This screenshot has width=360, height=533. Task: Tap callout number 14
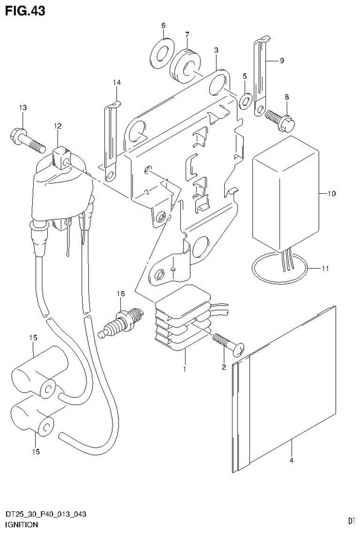116,83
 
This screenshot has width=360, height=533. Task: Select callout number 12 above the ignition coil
57,126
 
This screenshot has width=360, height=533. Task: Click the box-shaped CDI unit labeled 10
284,193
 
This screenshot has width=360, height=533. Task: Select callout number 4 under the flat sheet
291,460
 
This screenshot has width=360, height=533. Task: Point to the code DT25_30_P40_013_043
45,515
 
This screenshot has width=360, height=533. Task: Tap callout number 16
121,294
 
